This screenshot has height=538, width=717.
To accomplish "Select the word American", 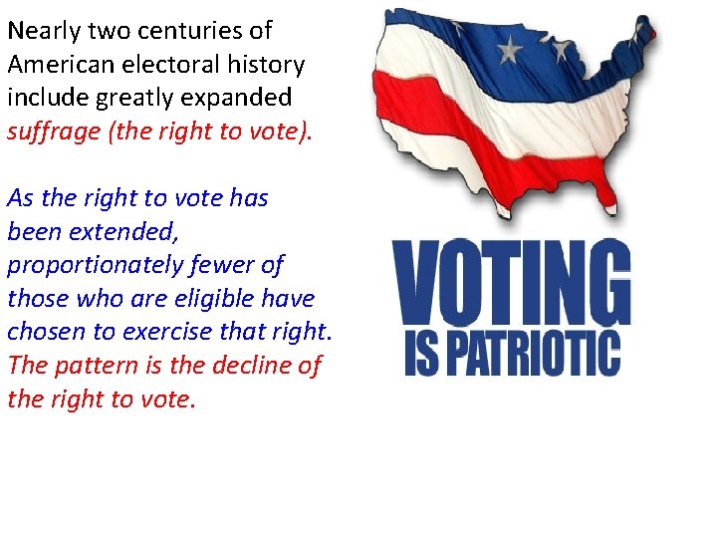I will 59,65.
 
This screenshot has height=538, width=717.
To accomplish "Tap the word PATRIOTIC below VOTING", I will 529,354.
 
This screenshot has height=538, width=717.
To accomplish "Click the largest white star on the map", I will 510,48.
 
